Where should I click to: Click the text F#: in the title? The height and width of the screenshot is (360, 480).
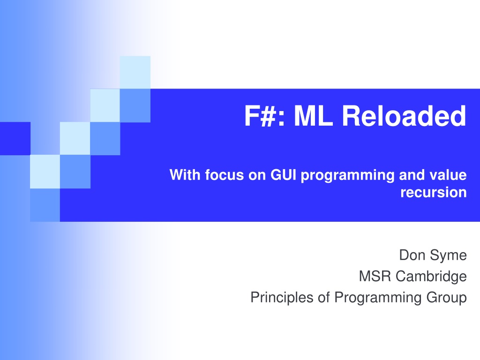point(265,116)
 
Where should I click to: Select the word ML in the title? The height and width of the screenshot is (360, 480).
point(314,116)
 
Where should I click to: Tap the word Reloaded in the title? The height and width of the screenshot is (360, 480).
point(404,116)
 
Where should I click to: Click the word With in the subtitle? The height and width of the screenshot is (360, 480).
point(185,175)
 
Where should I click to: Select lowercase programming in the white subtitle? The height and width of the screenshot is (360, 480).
point(348,176)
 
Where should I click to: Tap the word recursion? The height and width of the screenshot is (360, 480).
point(434,192)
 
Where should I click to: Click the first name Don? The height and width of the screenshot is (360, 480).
point(412,255)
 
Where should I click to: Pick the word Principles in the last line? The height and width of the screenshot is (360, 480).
point(282,297)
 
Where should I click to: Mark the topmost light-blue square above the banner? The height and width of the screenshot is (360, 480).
point(135,72)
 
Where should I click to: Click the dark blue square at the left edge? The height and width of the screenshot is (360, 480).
point(15,138)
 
